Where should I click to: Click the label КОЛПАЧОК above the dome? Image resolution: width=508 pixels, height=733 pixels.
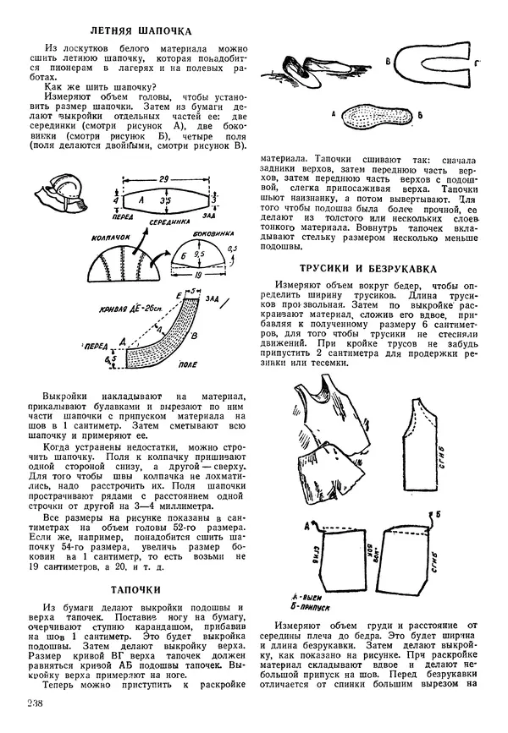click(113, 239)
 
